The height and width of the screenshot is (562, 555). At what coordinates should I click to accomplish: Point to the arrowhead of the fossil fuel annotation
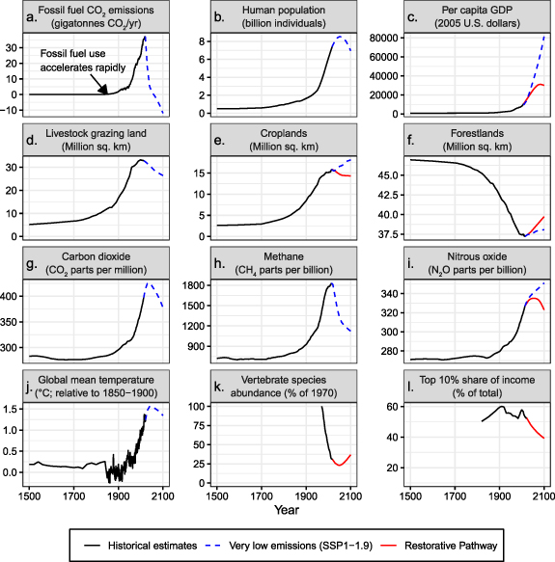click(108, 91)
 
